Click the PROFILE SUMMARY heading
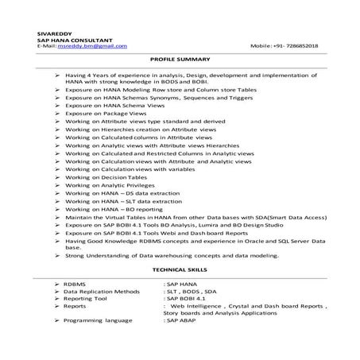180,60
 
